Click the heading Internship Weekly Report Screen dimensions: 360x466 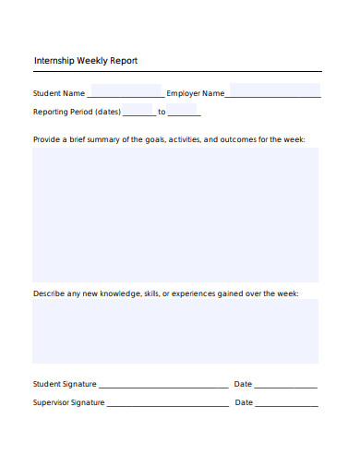coord(85,61)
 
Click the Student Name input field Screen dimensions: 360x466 coord(126,92)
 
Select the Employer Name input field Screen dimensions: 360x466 coord(274,91)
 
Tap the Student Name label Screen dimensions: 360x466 coord(59,93)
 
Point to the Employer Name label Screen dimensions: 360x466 coord(195,93)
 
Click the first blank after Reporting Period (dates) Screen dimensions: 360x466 coord(138,113)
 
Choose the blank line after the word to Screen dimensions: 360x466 coord(184,113)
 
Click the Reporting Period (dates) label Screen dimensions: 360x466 coord(77,112)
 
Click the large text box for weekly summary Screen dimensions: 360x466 coord(175,214)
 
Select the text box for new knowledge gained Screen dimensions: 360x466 coord(175,330)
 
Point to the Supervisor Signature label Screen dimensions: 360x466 coord(68,403)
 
